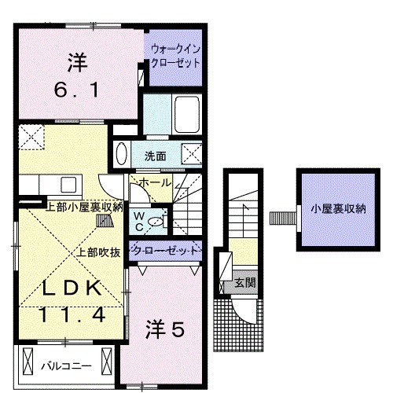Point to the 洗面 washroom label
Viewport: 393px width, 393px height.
tap(155, 156)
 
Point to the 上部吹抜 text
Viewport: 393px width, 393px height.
tap(98, 253)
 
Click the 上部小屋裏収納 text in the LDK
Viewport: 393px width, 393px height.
tap(84, 208)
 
